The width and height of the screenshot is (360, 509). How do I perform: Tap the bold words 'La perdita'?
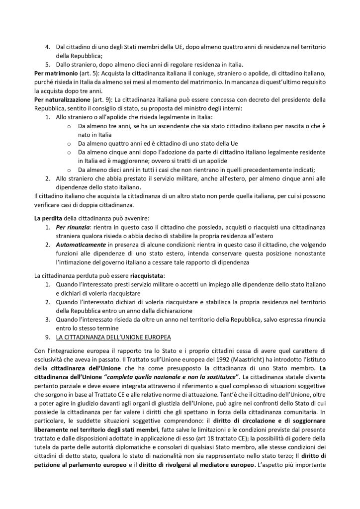[x=50, y=218]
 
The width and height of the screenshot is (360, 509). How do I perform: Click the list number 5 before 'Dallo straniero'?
[x=47, y=64]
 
